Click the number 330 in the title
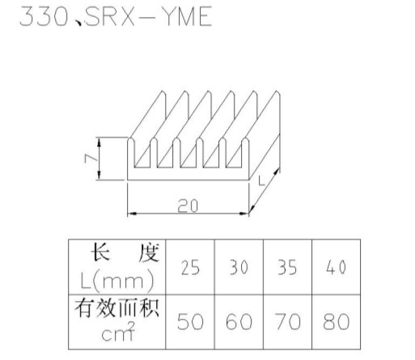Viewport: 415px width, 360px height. pyautogui.click(x=44, y=17)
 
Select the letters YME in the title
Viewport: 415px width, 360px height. pyautogui.click(x=188, y=17)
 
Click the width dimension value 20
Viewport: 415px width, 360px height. pyautogui.click(x=188, y=205)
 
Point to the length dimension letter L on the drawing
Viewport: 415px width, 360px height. pyautogui.click(x=261, y=180)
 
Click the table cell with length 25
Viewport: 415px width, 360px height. pyautogui.click(x=190, y=267)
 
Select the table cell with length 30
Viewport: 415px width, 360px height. pyautogui.click(x=239, y=267)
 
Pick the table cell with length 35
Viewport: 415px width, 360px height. pyautogui.click(x=287, y=267)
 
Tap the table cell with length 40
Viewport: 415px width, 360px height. pyautogui.click(x=337, y=267)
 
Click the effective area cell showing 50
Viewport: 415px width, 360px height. pyautogui.click(x=190, y=322)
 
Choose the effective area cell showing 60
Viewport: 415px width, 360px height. pyautogui.click(x=239, y=322)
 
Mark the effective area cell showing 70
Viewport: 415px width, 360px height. pyautogui.click(x=287, y=322)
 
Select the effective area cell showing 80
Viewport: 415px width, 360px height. pyautogui.click(x=337, y=322)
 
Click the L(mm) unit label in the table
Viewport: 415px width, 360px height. pyautogui.click(x=117, y=281)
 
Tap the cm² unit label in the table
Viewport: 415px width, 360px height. pyautogui.click(x=118, y=332)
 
